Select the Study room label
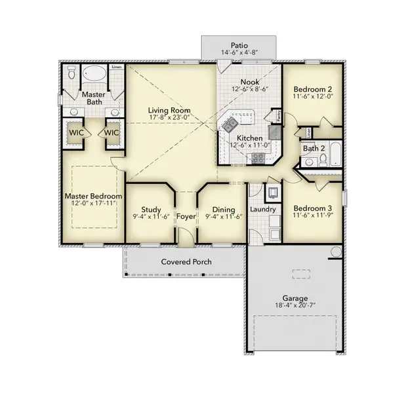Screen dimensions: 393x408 coord(148,210)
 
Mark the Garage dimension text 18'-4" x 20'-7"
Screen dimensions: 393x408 coord(295,305)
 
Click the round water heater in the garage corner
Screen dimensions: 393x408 coord(336,252)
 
